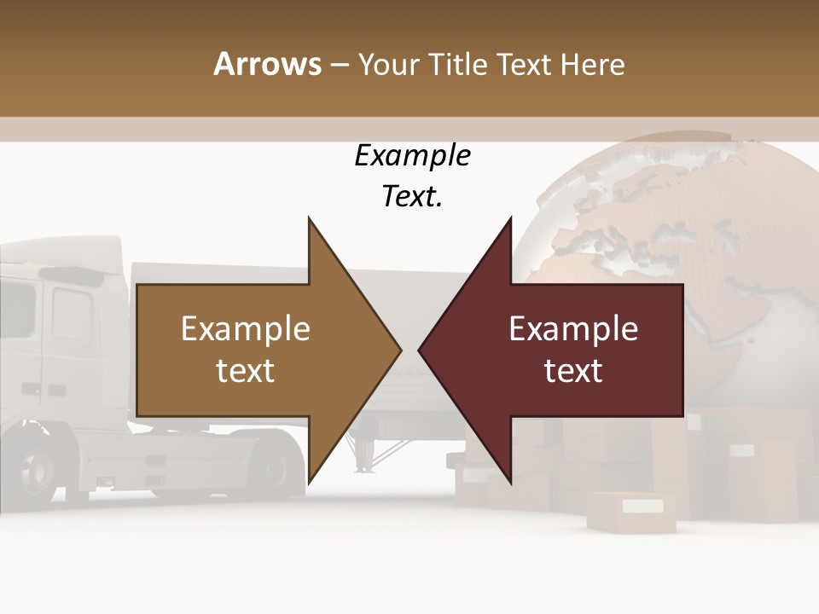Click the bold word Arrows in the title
[268, 64]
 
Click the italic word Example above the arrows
[412, 156]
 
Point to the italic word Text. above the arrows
[412, 197]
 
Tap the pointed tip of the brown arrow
[399, 350]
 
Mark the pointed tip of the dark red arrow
[421, 350]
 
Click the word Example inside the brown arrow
[246, 329]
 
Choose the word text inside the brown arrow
[246, 371]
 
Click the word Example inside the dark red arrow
[573, 329]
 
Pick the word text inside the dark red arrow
[573, 371]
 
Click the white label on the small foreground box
[642, 507]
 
